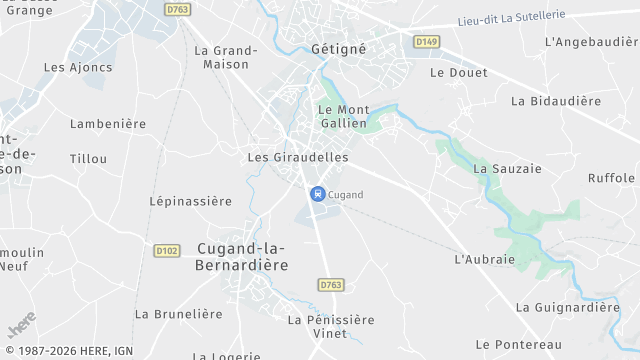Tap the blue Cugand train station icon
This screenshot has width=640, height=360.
(317, 194)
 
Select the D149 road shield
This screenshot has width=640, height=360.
(427, 41)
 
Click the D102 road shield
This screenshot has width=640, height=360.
(167, 250)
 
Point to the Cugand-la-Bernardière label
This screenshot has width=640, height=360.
(242, 257)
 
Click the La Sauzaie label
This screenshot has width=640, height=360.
(507, 169)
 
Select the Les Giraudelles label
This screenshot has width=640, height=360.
(298, 158)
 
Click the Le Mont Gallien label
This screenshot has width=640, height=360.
(343, 115)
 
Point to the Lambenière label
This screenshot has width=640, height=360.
(108, 124)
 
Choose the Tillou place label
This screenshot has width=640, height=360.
(88, 159)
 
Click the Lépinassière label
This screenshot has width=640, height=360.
(190, 201)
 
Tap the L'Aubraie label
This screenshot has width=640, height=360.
(484, 259)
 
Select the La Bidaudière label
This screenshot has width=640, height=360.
(556, 101)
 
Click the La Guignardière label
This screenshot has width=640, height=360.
(568, 307)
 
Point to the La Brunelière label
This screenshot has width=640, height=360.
(179, 314)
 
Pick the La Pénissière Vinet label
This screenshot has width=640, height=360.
(330, 326)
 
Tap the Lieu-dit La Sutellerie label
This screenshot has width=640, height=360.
(510, 17)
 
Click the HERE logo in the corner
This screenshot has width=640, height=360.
(22, 326)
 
